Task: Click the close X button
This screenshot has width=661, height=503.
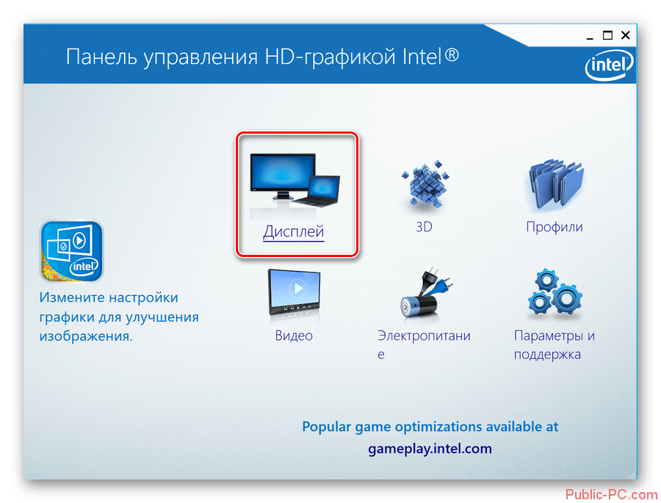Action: [x=626, y=35]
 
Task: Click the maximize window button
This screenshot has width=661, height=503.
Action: [x=607, y=35]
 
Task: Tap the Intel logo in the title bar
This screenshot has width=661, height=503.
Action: [x=609, y=65]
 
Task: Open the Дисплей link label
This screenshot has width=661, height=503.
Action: [x=293, y=232]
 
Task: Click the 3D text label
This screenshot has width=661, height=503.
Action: [x=424, y=227]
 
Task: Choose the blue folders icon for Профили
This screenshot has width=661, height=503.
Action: [x=555, y=185]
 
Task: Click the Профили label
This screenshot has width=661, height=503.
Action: [x=555, y=227]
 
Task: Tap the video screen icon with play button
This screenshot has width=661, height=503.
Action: [x=295, y=292]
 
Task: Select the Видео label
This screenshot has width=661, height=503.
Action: [x=294, y=336]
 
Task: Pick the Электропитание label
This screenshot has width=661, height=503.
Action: [x=424, y=344]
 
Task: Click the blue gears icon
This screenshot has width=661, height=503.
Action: [x=555, y=292]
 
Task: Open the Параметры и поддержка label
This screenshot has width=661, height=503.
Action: [x=554, y=345]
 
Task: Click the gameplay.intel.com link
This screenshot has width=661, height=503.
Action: [x=430, y=449]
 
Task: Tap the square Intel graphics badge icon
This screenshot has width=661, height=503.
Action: [x=72, y=251]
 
